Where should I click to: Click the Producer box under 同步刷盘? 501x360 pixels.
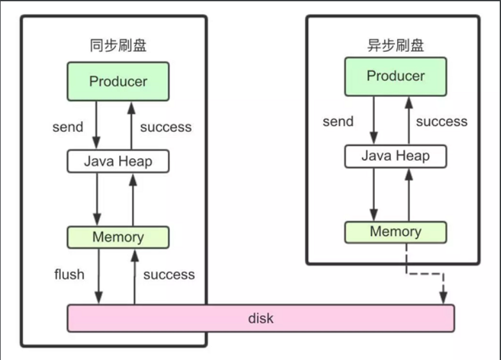(118, 81)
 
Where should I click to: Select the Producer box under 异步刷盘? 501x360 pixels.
(395, 76)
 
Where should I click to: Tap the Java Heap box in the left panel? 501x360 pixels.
(118, 161)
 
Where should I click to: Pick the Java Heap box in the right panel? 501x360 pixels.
(395, 156)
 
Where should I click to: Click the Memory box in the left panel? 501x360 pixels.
(118, 237)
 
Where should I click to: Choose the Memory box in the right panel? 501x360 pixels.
(395, 232)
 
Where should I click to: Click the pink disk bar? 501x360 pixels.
(261, 318)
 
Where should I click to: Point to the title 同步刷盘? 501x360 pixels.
(118, 46)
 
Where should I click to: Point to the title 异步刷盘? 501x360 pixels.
(395, 45)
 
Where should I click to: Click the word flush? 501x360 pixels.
(69, 275)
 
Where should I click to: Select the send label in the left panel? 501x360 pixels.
(68, 127)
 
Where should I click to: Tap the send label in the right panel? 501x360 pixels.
(338, 122)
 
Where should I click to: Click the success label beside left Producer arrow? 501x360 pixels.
(166, 127)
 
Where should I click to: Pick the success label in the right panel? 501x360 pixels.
(442, 122)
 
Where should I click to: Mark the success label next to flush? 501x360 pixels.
(168, 275)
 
